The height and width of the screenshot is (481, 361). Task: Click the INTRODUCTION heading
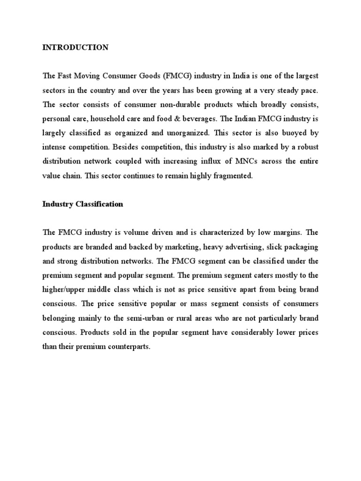(x=75, y=47)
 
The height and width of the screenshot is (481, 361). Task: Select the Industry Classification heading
(x=83, y=204)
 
